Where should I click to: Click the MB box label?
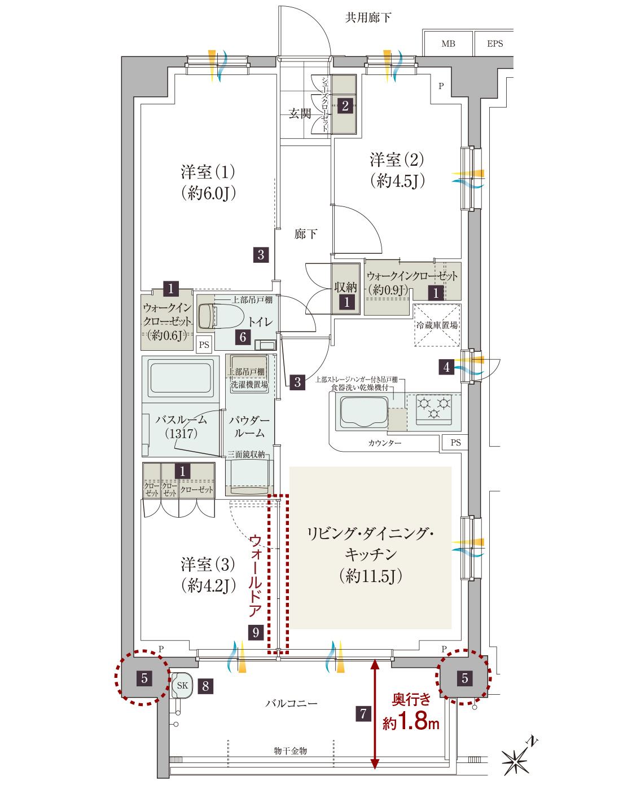[448, 44]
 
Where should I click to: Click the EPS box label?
[495, 44]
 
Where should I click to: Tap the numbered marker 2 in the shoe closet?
[345, 106]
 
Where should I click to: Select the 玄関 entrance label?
[300, 113]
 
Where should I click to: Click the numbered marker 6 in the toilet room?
[243, 337]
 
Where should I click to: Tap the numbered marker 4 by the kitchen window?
[446, 367]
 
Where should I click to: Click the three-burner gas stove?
[434, 409]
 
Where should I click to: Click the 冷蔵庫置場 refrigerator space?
[437, 325]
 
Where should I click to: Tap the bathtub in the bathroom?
[181, 377]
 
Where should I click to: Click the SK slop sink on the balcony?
[182, 685]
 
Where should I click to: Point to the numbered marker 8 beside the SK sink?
[205, 686]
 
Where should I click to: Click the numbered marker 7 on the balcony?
[363, 713]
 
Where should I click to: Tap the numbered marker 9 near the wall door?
[256, 632]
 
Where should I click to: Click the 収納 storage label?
[345, 287]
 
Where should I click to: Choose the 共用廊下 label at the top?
[368, 17]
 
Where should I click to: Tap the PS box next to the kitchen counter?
[455, 443]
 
